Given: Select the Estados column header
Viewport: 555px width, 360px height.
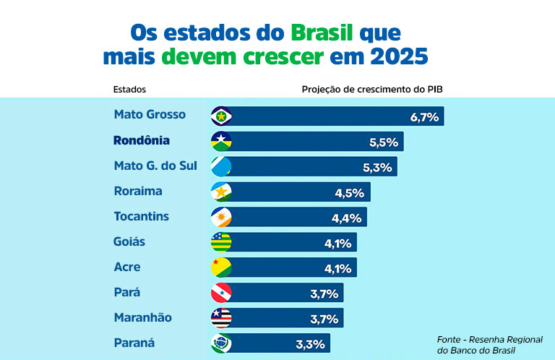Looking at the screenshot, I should pyautogui.click(x=130, y=90).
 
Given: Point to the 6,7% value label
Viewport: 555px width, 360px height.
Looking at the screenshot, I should pyautogui.click(x=424, y=116).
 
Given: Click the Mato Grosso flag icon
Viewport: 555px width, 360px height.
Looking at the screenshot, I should pyautogui.click(x=220, y=116).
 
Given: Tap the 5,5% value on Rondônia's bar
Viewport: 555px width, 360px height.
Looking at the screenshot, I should pyautogui.click(x=384, y=142).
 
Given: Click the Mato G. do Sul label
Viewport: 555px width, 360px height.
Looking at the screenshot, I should pyautogui.click(x=155, y=166).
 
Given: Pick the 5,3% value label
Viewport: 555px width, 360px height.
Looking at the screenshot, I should pyautogui.click(x=377, y=167).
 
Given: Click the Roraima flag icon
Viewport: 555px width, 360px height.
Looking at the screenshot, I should pyautogui.click(x=220, y=192).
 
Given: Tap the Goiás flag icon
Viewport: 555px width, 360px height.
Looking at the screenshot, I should pyautogui.click(x=220, y=242).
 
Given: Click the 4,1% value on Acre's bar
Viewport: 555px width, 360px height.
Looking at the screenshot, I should pyautogui.click(x=337, y=268).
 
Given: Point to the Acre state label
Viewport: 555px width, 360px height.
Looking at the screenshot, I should pyautogui.click(x=127, y=267).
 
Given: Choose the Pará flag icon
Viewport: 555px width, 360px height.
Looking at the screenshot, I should pyautogui.click(x=220, y=293).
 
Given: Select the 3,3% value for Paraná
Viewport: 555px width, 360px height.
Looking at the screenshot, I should pyautogui.click(x=311, y=344).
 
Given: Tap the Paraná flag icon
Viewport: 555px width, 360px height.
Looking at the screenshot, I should pyautogui.click(x=220, y=343).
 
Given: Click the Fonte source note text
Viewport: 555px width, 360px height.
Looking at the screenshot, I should pyautogui.click(x=489, y=345).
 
